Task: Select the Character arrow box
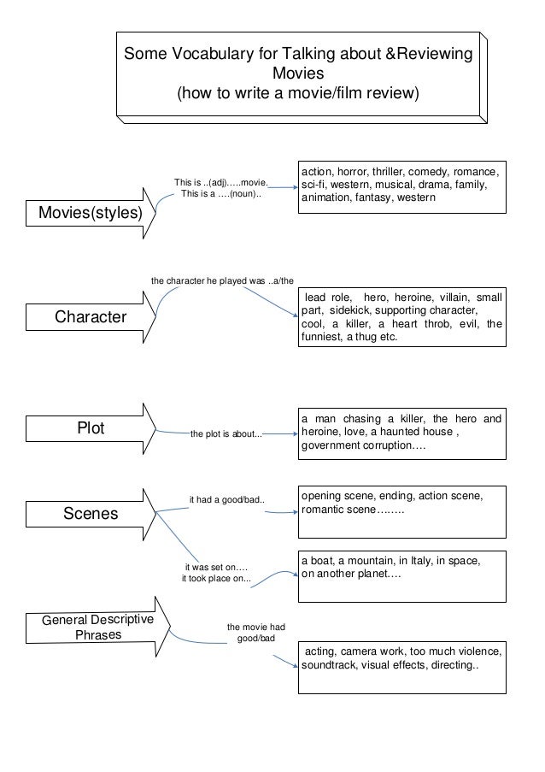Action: pos(90,318)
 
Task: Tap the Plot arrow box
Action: pos(90,429)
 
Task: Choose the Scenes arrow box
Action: pos(90,514)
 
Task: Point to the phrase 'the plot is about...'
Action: pos(226,434)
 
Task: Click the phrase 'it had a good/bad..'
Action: pos(226,499)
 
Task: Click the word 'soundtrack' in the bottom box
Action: pos(334,666)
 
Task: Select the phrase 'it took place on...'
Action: pos(217,579)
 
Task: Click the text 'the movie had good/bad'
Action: pos(255,633)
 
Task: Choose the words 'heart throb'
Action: pos(417,323)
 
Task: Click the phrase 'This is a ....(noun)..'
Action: pos(221,194)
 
